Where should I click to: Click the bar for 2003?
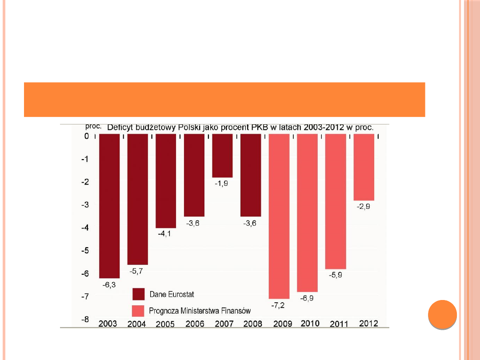[x=109, y=205]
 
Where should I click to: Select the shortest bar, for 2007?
[x=222, y=156]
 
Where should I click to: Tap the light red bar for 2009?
[x=279, y=216]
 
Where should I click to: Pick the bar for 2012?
[x=364, y=167]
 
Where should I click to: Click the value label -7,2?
[x=279, y=305]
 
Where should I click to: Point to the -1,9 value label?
[x=222, y=184]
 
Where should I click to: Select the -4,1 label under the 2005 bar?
[x=165, y=234]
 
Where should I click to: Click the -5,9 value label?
[x=336, y=275]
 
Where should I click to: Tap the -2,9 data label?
[x=364, y=207]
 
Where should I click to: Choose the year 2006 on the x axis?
[x=194, y=324]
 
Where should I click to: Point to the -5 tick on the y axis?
[x=84, y=251]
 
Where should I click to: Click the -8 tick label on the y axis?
[x=84, y=319]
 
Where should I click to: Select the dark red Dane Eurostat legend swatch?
[x=139, y=294]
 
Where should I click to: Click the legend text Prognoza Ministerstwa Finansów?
[x=200, y=310]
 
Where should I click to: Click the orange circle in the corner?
[x=442, y=315]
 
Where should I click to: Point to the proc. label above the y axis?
[x=94, y=126]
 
